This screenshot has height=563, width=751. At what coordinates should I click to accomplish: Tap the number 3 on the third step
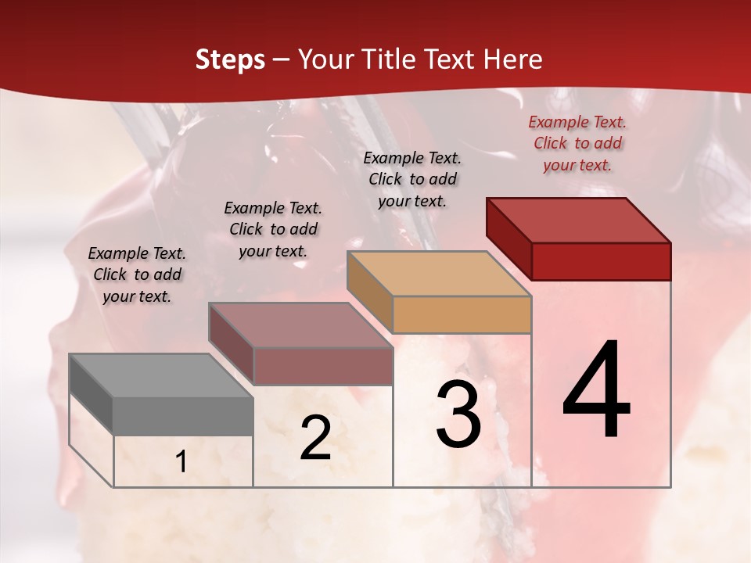point(458,414)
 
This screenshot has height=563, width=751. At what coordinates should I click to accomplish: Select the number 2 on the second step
point(315,439)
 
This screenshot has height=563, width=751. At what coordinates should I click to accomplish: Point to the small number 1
point(181,462)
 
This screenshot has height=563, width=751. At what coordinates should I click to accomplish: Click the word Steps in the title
point(230,59)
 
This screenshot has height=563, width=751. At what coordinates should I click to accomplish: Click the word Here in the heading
point(513,59)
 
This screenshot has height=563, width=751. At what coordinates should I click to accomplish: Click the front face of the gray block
point(183,416)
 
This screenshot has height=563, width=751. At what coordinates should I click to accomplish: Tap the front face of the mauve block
point(322,366)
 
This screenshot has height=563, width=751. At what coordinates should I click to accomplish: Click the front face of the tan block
point(462,314)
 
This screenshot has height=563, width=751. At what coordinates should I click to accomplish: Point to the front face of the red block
point(601,261)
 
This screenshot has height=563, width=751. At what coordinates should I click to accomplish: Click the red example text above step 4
point(577,143)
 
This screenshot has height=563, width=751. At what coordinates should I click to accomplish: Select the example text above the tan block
point(412,179)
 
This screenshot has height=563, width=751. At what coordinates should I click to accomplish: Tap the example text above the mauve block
point(273,229)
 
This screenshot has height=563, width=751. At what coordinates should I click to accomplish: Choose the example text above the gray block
point(137,274)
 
